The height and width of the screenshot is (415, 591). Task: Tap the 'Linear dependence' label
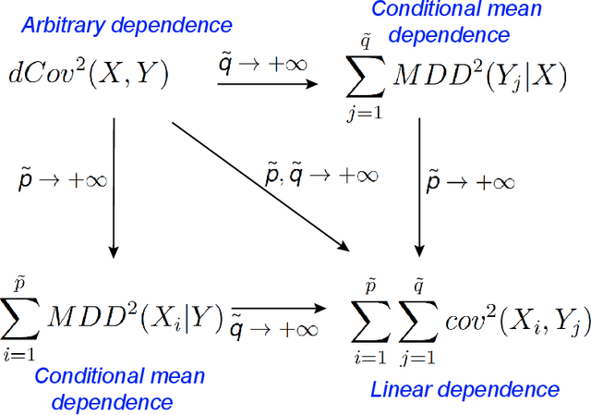pyautogui.click(x=464, y=389)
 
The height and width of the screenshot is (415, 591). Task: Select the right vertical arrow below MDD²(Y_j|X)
pyautogui.click(x=420, y=185)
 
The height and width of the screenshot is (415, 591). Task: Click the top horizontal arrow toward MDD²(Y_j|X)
pyautogui.click(x=267, y=85)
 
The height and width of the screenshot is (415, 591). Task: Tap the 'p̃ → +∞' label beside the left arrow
pyautogui.click(x=63, y=178)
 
